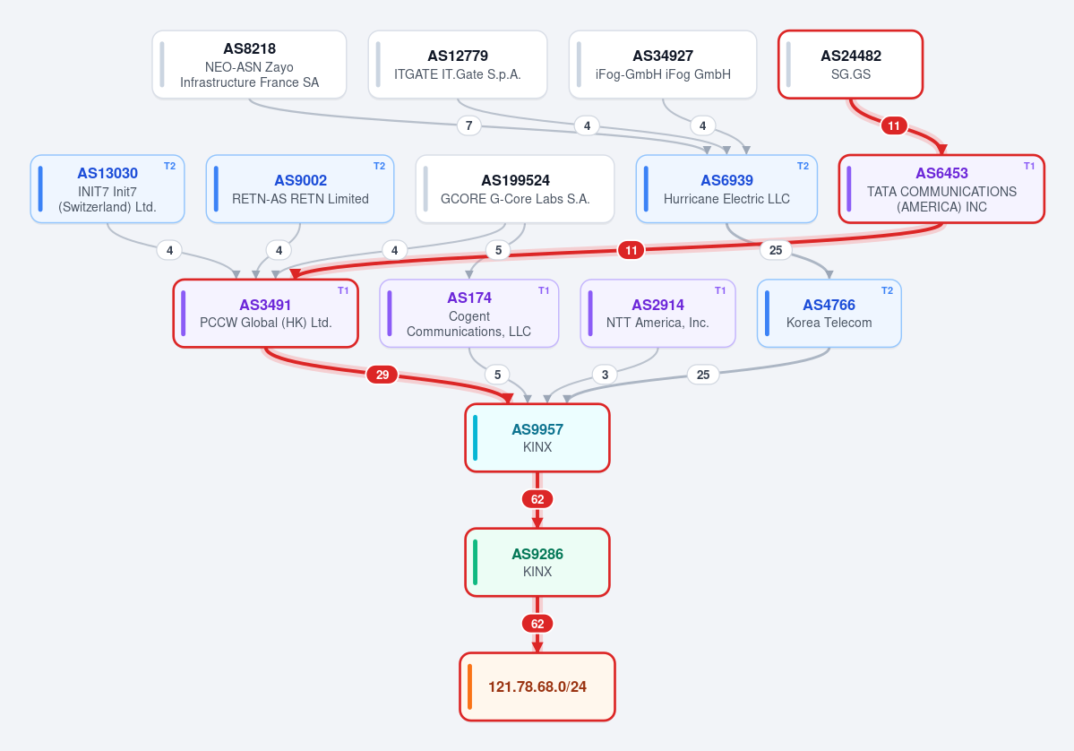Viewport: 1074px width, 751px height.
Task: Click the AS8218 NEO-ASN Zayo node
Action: pos(249,65)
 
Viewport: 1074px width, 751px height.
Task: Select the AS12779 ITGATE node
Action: pos(458,65)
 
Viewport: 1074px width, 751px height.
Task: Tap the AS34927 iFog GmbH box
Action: pos(663,65)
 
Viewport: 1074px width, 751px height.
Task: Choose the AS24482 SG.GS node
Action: pos(851,65)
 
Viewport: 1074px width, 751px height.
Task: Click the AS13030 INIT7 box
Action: pos(107,189)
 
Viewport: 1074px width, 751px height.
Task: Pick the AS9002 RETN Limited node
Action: pos(300,189)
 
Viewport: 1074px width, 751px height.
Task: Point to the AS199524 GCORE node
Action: pos(515,189)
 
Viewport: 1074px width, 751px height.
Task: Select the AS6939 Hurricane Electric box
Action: pos(726,189)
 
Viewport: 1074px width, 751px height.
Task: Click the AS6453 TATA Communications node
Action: pos(941,189)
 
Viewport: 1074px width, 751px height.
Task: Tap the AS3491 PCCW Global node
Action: pos(266,313)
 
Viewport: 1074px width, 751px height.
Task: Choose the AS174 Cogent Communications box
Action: pos(469,313)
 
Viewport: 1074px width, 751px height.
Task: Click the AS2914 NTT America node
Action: pos(657,313)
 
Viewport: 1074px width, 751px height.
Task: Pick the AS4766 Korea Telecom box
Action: pos(829,313)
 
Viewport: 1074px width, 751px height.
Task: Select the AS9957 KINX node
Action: pos(537,438)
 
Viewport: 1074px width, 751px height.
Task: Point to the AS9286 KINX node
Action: pos(537,563)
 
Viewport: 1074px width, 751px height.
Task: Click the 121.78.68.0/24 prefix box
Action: pos(537,686)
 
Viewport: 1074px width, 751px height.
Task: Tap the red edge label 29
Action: pos(382,375)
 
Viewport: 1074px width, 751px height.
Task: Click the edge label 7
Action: pos(468,125)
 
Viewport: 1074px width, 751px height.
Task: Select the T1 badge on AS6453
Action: pos(1029,166)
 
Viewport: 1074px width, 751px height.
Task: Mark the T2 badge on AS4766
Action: pos(887,290)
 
